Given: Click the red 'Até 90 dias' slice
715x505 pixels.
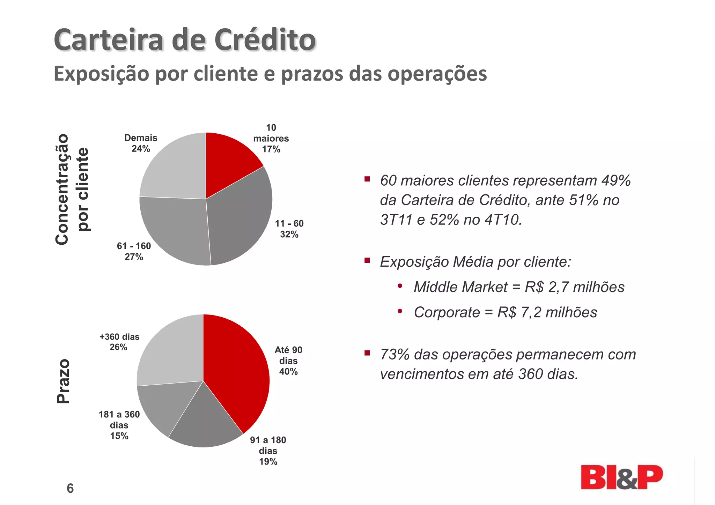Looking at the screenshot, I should [x=237, y=370].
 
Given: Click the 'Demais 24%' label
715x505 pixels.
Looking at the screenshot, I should [x=141, y=143].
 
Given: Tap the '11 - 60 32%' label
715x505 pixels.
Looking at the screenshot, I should [x=289, y=229].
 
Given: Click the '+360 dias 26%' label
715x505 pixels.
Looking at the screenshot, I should [x=119, y=342].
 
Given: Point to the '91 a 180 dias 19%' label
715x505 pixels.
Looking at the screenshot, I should [x=268, y=451].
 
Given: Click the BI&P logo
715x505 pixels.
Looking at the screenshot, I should [x=621, y=477].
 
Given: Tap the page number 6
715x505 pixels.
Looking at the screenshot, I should [x=70, y=488].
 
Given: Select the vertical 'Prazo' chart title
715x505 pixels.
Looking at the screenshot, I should [x=64, y=381].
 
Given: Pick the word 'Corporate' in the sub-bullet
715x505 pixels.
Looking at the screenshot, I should [x=447, y=312].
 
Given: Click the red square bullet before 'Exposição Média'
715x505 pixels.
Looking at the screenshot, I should [x=367, y=260].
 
